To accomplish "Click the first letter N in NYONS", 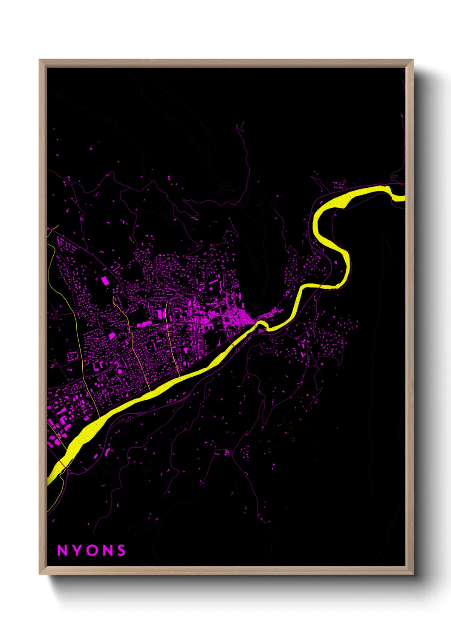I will pyautogui.click(x=62, y=550).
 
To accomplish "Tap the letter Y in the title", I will pyautogui.click(x=77, y=550).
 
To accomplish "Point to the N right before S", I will pyautogui.click(x=107, y=550).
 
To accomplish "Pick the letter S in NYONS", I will pyautogui.click(x=121, y=550).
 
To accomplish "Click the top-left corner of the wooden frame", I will pyautogui.click(x=40, y=60).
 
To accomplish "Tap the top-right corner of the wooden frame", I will pyautogui.click(x=413, y=60).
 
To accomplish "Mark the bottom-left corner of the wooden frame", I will pyautogui.click(x=40, y=574).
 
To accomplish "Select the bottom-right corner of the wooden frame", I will pyautogui.click(x=413, y=574).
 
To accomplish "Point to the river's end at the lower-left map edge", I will pyautogui.click(x=49, y=481).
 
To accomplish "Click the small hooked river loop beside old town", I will pyautogui.click(x=262, y=325).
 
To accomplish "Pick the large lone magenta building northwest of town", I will pyautogui.click(x=105, y=280).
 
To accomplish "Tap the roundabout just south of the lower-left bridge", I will pyautogui.click(x=68, y=471).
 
